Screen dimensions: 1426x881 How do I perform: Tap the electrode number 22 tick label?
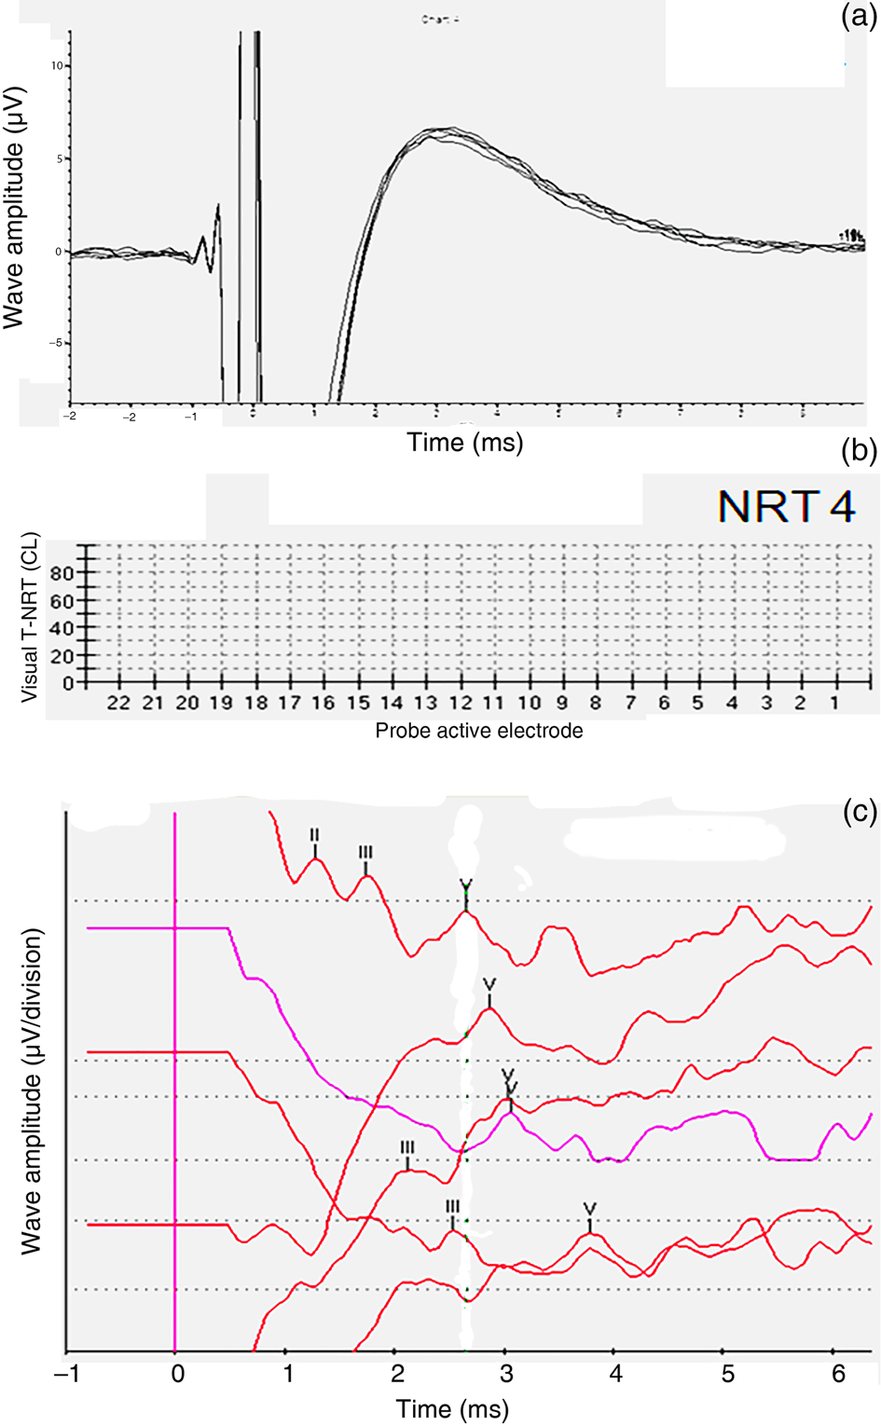(118, 704)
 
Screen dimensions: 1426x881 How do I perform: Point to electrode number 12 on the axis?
(461, 704)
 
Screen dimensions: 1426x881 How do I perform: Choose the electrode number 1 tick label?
(834, 704)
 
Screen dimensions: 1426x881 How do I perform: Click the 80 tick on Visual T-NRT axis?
(62, 574)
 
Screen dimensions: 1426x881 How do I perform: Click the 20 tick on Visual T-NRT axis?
(62, 656)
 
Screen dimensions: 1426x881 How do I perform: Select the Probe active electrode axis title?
(479, 731)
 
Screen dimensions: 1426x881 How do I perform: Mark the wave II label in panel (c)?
(315, 837)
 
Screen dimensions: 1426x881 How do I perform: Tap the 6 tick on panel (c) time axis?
(839, 1376)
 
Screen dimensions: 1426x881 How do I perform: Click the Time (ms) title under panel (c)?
(453, 1408)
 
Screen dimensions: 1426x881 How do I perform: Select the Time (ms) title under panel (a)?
(465, 442)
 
